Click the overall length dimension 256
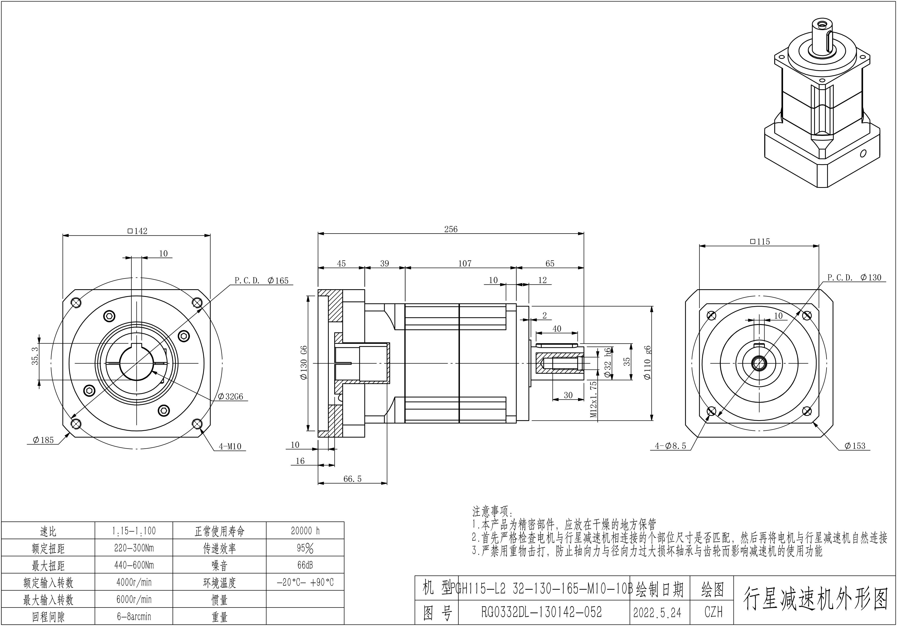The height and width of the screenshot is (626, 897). click(x=450, y=229)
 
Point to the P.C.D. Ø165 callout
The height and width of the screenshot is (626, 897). click(x=261, y=281)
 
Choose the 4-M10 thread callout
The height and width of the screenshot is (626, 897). click(x=230, y=446)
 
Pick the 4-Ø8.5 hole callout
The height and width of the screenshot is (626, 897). click(x=670, y=446)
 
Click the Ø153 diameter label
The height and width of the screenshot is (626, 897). click(x=855, y=446)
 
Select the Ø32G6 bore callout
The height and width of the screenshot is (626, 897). click(x=231, y=397)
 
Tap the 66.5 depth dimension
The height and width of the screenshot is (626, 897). click(x=352, y=479)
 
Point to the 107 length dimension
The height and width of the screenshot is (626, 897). click(x=465, y=263)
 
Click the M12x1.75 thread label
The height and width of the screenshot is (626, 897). click(x=593, y=399)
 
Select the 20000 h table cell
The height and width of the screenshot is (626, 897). click(x=305, y=531)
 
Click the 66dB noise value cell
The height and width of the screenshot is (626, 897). click(x=305, y=565)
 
